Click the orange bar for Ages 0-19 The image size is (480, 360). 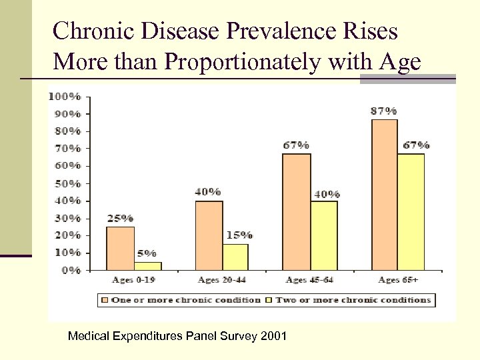(x=121, y=248)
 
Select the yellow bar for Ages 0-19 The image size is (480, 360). (x=147, y=266)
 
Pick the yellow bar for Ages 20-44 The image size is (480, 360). (x=235, y=257)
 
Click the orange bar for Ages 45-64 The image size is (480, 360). (x=296, y=211)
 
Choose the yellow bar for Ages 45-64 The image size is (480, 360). (x=323, y=235)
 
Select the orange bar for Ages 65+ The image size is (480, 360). (x=384, y=195)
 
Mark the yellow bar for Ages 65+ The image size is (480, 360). (x=411, y=211)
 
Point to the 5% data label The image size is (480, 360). (x=147, y=253)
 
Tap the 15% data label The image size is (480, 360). (x=239, y=235)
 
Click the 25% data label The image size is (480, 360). (x=121, y=218)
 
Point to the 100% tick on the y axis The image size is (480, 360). (x=65, y=96)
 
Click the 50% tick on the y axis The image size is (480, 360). (x=67, y=183)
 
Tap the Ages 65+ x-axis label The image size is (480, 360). (x=398, y=280)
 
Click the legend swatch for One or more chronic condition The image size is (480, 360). (x=105, y=300)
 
